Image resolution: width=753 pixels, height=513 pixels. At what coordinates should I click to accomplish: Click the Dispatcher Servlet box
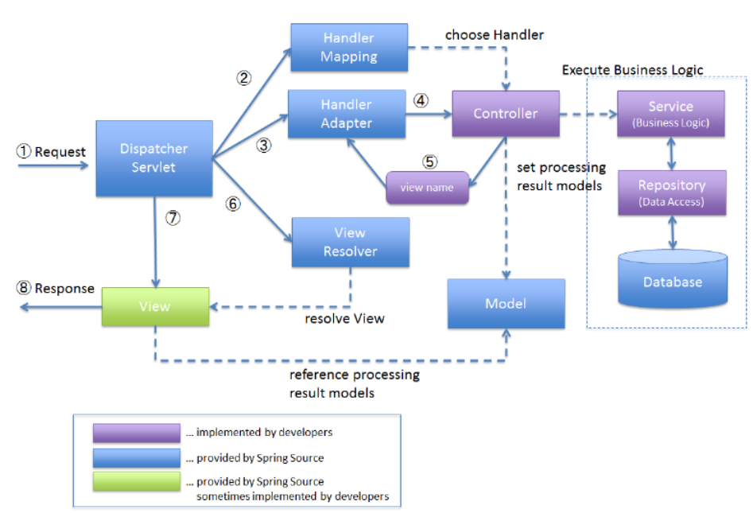point(154,158)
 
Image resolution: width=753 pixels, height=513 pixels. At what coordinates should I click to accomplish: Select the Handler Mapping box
point(349,47)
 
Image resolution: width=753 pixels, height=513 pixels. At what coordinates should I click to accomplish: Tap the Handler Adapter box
point(347,114)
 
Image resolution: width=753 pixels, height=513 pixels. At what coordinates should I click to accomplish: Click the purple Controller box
point(506,114)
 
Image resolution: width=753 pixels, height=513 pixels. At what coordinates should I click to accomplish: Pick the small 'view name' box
point(428,188)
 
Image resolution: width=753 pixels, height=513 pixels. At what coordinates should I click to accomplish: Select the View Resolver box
point(351,242)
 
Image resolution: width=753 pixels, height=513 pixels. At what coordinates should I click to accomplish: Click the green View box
point(155,306)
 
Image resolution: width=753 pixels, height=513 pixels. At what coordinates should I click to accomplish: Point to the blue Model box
point(507,304)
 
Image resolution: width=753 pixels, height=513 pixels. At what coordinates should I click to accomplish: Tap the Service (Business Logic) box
point(671,114)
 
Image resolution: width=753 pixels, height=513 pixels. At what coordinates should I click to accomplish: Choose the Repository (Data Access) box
point(672,192)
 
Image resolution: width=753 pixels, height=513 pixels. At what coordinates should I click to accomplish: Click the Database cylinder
point(673,278)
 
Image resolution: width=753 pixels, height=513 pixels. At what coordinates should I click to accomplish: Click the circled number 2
point(244,78)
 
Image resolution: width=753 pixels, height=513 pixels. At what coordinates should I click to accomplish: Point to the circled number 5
point(430,162)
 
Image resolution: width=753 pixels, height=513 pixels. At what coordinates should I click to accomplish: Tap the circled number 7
point(173,218)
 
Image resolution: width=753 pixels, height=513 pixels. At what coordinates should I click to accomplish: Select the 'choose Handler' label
point(494,34)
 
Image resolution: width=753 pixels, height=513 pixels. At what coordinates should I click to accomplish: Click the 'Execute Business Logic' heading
point(632,70)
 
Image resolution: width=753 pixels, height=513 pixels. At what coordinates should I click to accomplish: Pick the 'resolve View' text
point(344,318)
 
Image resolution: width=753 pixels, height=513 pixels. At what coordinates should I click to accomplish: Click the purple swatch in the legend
point(137,433)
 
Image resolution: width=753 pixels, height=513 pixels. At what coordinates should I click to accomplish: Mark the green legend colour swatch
point(137,482)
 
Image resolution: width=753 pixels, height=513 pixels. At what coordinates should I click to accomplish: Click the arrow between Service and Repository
point(671,154)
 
